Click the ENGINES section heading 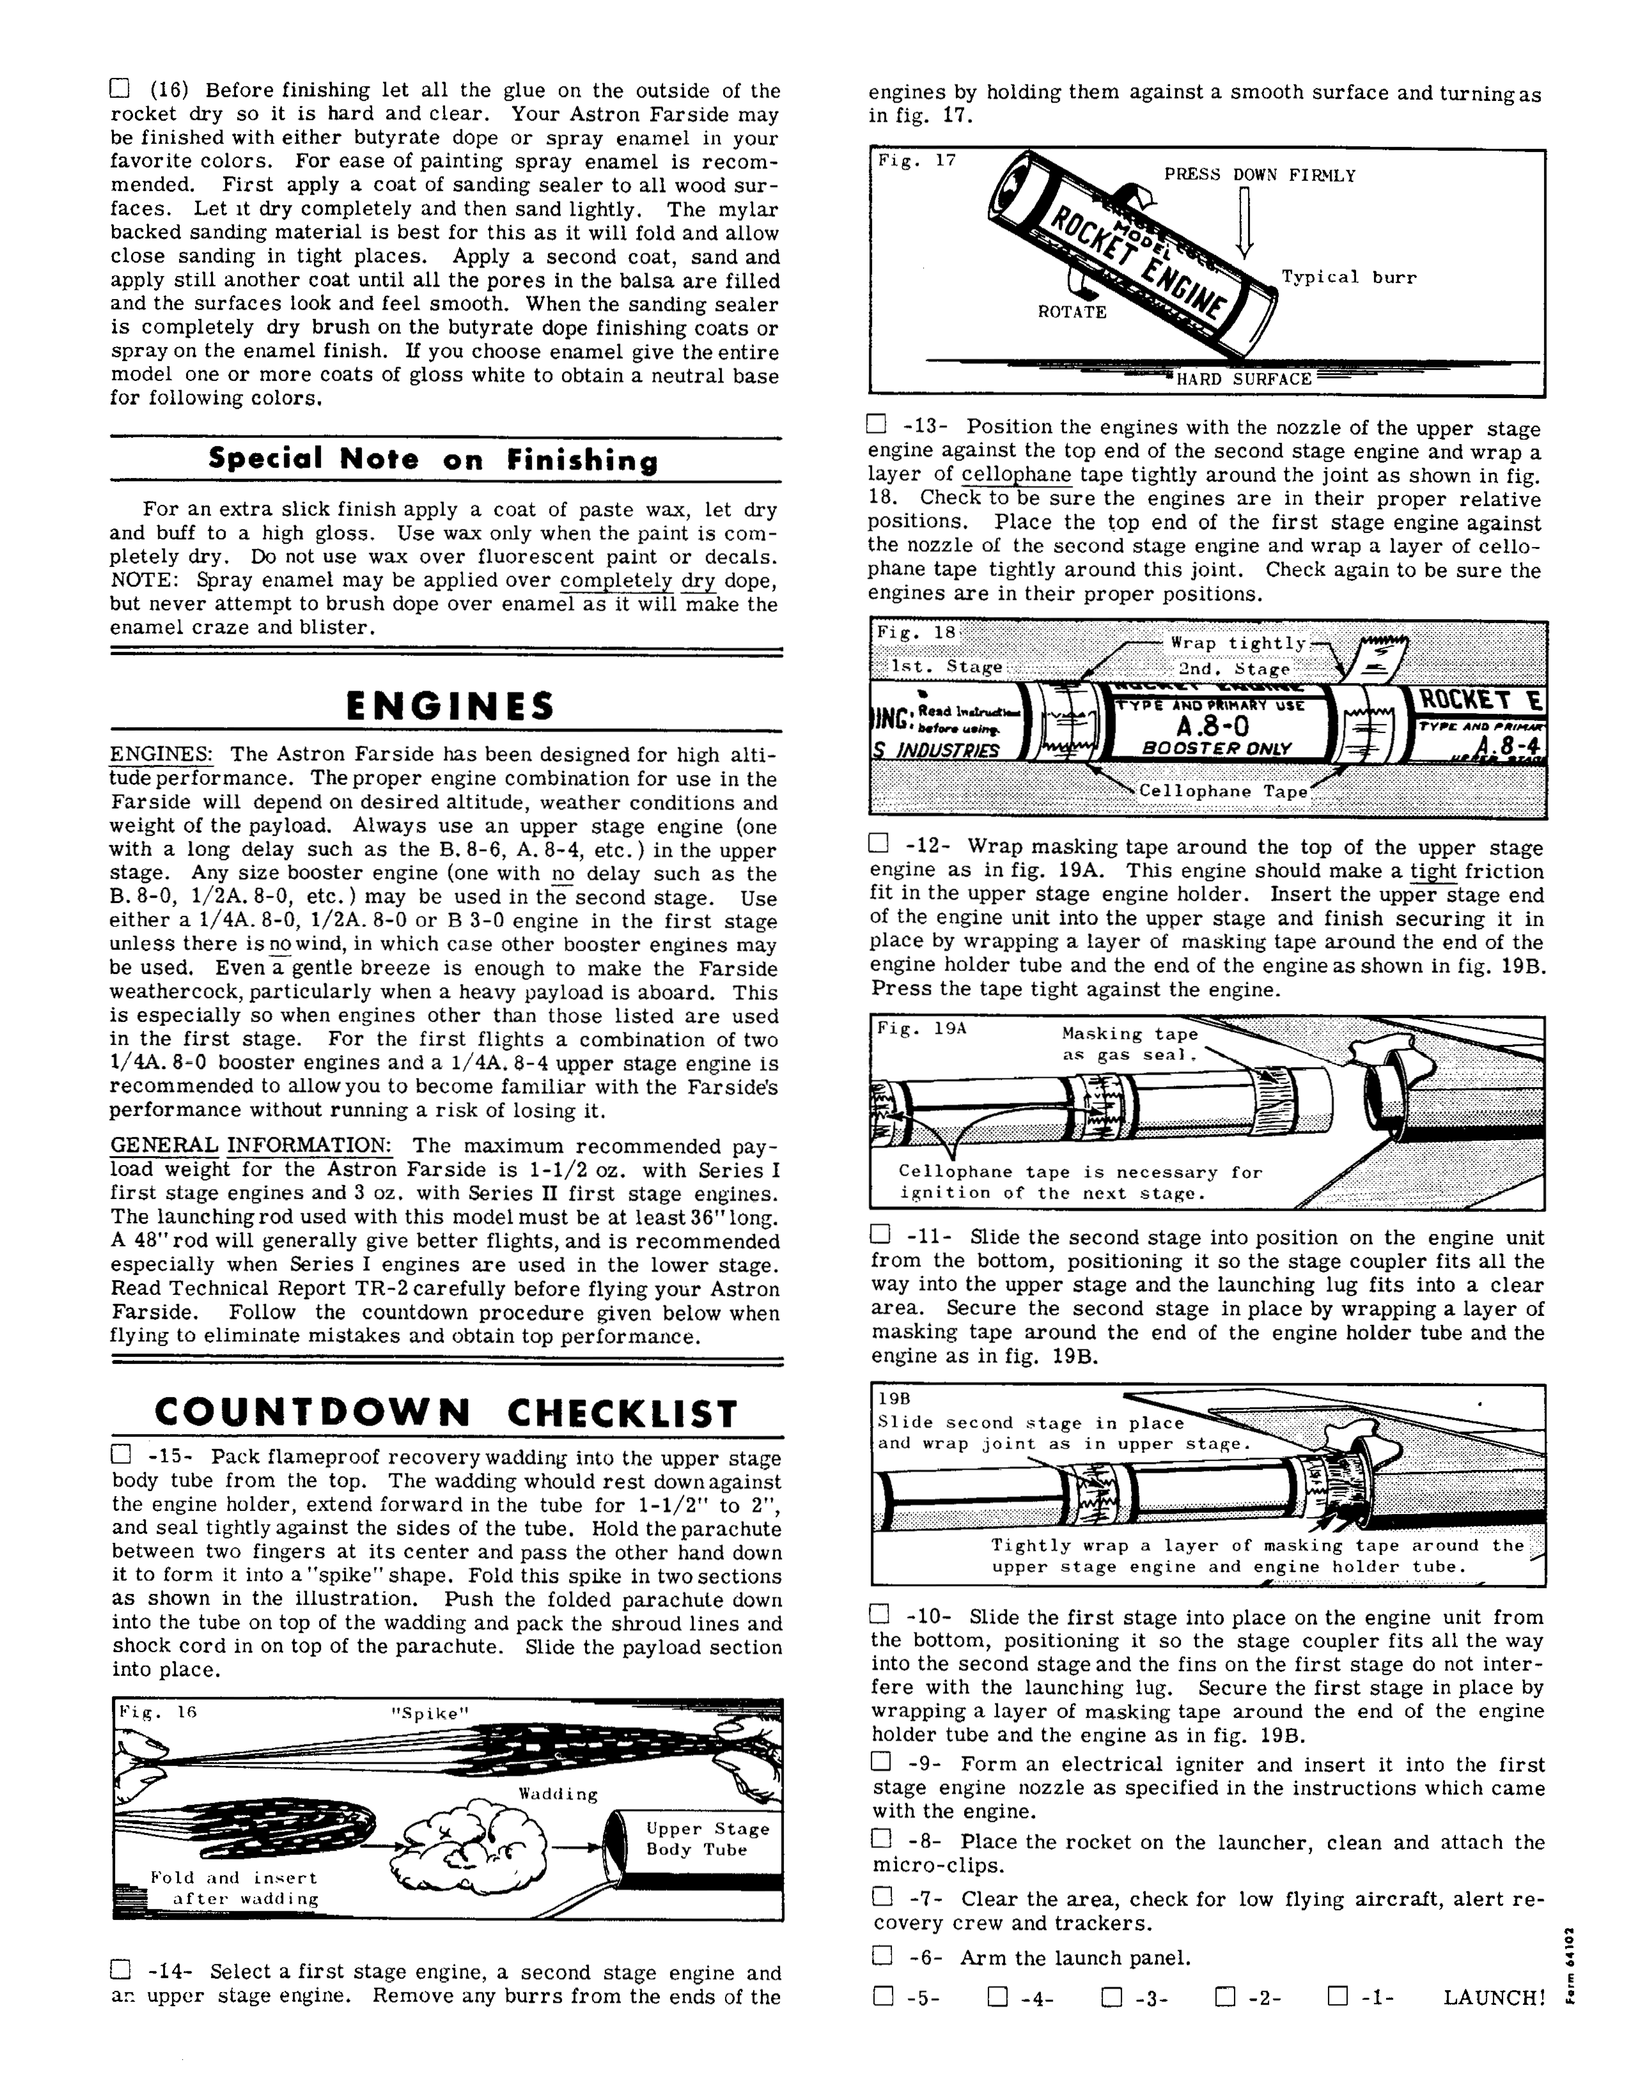coord(449,707)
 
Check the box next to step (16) coord(119,89)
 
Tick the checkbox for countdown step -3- coord(1111,1997)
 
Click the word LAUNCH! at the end coord(1493,1998)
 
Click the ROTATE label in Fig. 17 coord(1072,312)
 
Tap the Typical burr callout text coord(1348,277)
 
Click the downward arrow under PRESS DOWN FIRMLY coord(1245,223)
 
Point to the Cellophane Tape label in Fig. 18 coord(1223,791)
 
